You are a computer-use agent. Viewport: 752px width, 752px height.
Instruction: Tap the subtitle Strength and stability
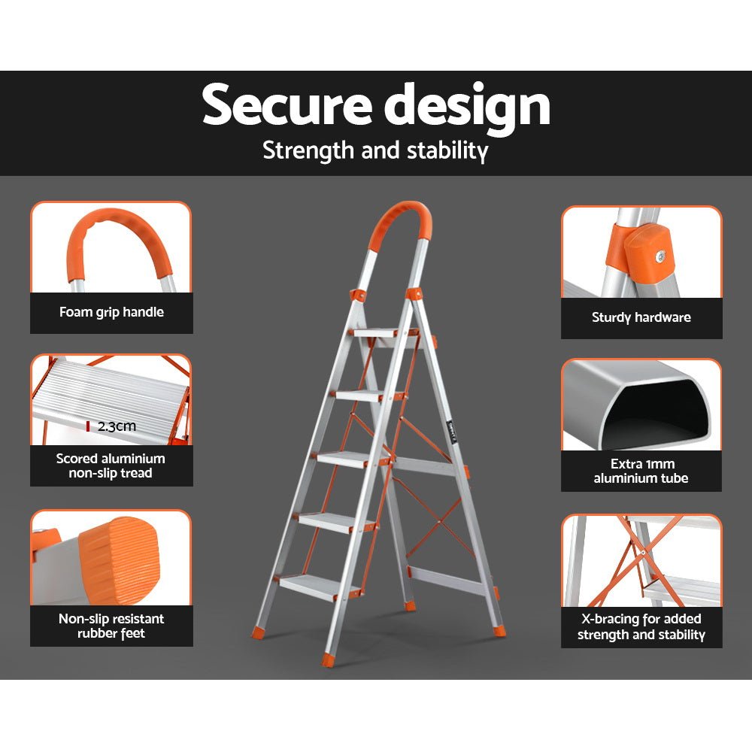[375, 150]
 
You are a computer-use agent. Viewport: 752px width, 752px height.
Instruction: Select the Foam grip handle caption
[111, 312]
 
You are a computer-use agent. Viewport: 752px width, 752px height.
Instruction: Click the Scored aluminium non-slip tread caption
[111, 465]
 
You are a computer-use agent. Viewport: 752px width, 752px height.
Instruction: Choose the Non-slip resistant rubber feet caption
[111, 626]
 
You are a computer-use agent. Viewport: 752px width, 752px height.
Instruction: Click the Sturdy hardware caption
[641, 317]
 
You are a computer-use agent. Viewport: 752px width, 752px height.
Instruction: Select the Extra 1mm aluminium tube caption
[641, 471]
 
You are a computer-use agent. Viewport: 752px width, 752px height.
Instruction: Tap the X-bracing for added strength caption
[641, 626]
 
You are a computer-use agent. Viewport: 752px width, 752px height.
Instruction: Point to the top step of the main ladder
[375, 332]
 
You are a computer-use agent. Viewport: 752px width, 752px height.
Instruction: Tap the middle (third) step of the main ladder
[350, 458]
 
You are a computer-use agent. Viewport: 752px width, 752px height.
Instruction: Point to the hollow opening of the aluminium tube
[654, 417]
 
